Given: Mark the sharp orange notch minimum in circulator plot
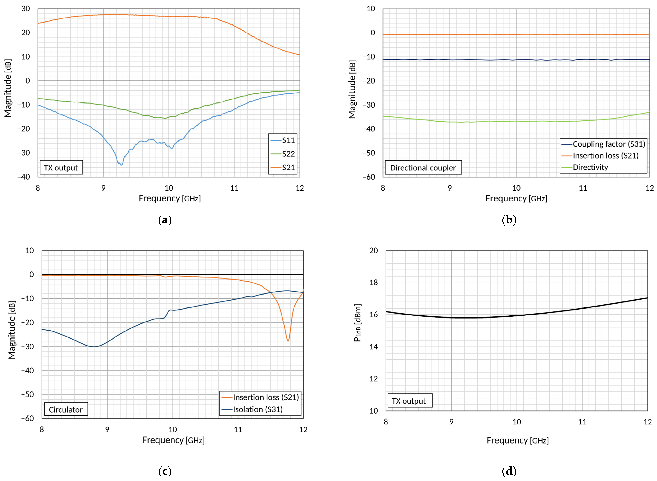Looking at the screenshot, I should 288,341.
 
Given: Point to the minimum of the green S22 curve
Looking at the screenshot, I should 165,118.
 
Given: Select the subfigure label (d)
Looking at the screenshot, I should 509,471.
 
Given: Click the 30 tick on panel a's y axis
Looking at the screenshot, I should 26,9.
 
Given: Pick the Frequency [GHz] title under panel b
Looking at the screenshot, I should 516,198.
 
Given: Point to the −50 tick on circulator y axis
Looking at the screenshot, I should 28,394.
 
